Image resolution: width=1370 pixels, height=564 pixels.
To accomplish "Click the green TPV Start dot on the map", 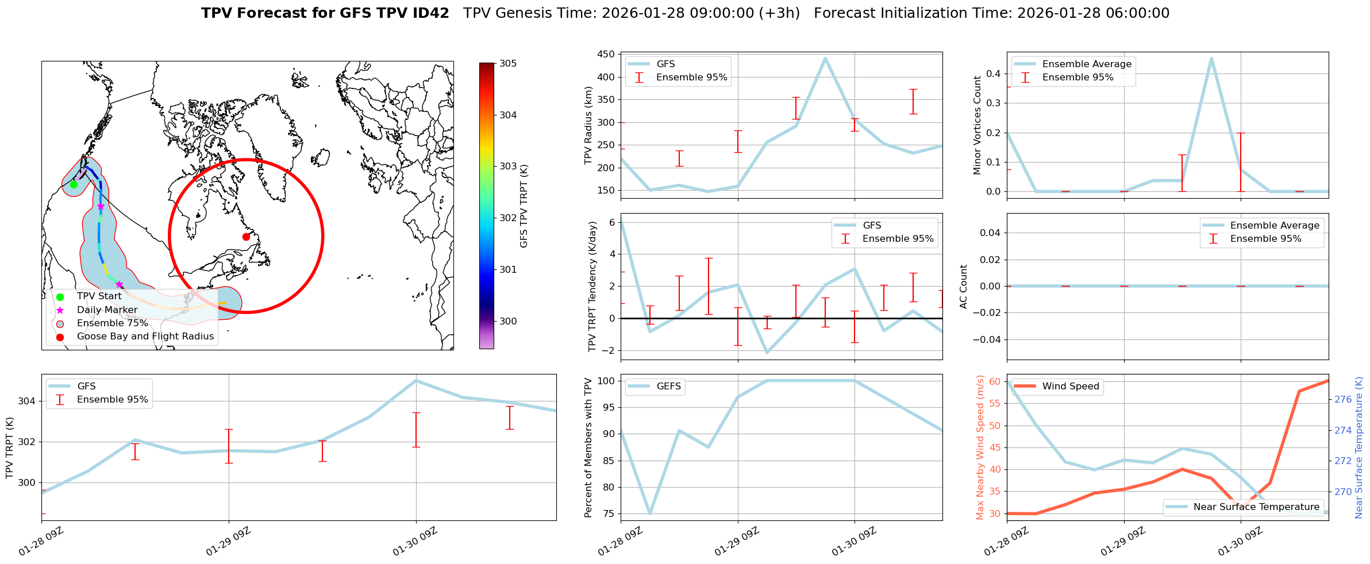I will pos(74,184).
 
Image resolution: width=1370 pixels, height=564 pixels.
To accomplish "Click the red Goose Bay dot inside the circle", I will pos(246,237).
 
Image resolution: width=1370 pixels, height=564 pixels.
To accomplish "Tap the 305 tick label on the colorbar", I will pos(508,64).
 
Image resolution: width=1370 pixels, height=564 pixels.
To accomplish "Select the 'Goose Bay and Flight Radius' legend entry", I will pos(145,337).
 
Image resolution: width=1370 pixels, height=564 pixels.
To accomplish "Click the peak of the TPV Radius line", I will pos(825,58).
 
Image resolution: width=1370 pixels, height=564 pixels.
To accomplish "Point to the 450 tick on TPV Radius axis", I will pos(607,55).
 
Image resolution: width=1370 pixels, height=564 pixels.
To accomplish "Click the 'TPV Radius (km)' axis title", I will pos(588,125).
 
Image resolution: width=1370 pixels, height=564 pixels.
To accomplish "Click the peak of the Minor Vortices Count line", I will pos(1211,58).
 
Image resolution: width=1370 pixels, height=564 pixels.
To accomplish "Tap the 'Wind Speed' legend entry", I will pos(1070,387).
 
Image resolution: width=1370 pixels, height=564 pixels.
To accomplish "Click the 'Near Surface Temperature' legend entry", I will pos(1256,507).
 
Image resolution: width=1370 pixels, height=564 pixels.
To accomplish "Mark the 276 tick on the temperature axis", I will pos(1343,400).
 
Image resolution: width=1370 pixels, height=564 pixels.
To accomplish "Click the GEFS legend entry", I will pos(668,387).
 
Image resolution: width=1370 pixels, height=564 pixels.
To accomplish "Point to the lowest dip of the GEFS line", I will pos(650,513).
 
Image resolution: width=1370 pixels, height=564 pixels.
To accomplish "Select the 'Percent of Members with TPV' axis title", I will pos(588,447).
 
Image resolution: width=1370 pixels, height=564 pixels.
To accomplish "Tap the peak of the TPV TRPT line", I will pos(416,380).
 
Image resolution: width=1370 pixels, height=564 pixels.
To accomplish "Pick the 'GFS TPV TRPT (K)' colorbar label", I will pos(524,206).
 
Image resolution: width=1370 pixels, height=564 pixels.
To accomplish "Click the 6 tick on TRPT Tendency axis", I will pos(612,222).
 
